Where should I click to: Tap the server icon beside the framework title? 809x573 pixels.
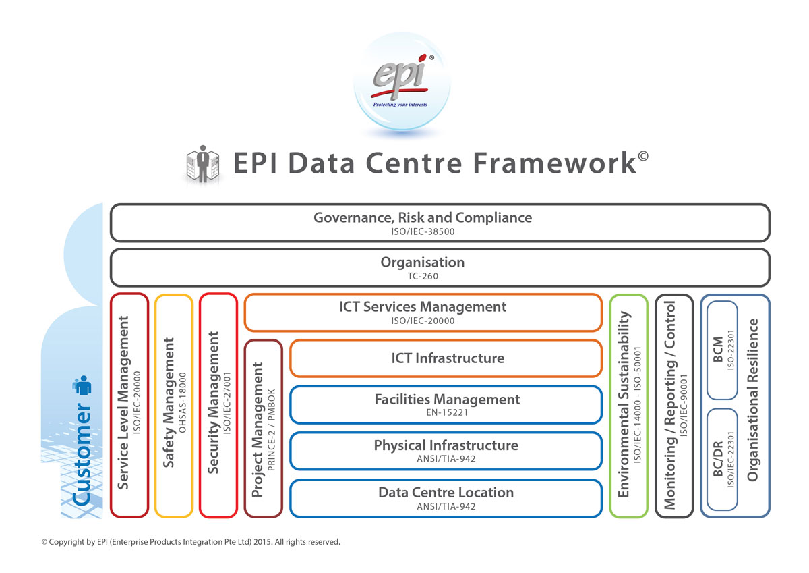click(x=202, y=164)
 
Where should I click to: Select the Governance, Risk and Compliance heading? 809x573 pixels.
click(x=423, y=218)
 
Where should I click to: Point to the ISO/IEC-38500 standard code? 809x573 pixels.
click(x=423, y=231)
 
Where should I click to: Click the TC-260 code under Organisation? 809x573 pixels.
click(x=423, y=276)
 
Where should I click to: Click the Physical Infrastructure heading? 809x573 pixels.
click(x=446, y=445)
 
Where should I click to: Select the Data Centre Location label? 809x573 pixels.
click(x=446, y=492)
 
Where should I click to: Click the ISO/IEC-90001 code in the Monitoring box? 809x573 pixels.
click(x=684, y=404)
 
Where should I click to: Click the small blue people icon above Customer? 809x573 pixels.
click(x=82, y=387)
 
